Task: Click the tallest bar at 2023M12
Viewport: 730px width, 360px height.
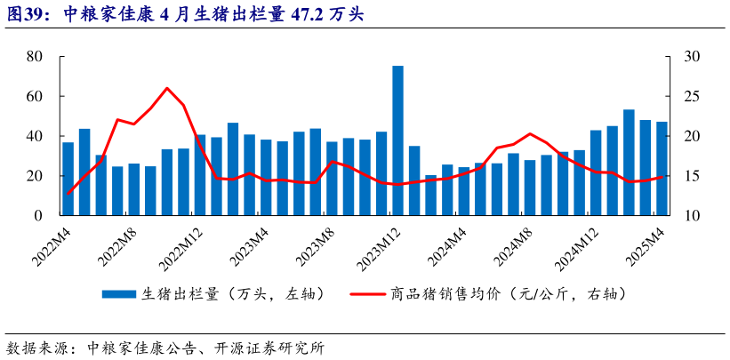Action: (397, 140)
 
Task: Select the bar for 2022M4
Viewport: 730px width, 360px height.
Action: (68, 179)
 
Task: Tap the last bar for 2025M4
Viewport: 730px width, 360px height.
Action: (662, 169)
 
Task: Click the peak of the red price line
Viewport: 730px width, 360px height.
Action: (167, 88)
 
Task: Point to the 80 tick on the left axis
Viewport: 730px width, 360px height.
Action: (36, 56)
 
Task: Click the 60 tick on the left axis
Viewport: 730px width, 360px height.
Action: (36, 96)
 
